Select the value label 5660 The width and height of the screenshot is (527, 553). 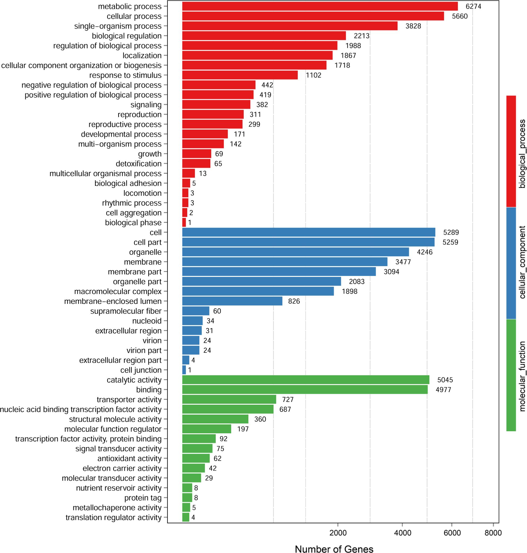459,16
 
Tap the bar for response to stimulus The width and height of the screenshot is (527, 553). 240,75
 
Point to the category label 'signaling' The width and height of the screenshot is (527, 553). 146,105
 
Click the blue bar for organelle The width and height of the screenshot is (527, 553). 296,252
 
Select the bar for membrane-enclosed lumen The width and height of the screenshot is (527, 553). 232,301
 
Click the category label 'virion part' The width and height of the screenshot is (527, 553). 144,350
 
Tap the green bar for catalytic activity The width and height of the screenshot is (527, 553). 306,380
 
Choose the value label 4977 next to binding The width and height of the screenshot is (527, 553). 443,390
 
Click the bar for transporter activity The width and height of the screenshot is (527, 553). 229,400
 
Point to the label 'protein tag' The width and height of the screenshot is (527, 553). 143,498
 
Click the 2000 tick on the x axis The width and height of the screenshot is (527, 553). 338,533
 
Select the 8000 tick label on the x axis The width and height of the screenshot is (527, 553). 493,533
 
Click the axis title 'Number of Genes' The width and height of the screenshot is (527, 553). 334,548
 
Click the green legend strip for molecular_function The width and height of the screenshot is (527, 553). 511,375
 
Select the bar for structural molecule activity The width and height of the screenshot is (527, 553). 215,419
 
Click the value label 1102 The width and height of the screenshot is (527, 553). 314,75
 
